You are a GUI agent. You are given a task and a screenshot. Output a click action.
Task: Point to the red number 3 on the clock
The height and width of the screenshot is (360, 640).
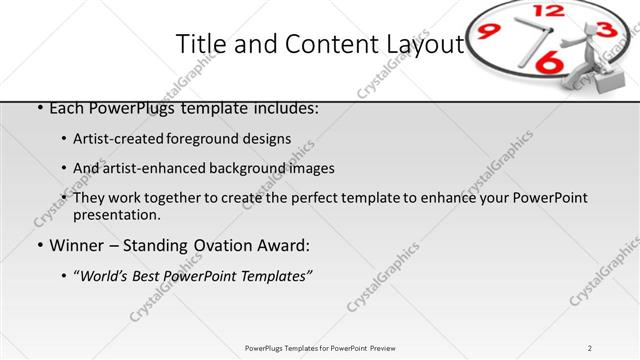(x=604, y=30)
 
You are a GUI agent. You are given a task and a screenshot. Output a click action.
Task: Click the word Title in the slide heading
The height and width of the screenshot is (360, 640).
(x=200, y=44)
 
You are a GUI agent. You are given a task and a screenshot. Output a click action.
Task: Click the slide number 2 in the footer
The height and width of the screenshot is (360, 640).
(x=590, y=347)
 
